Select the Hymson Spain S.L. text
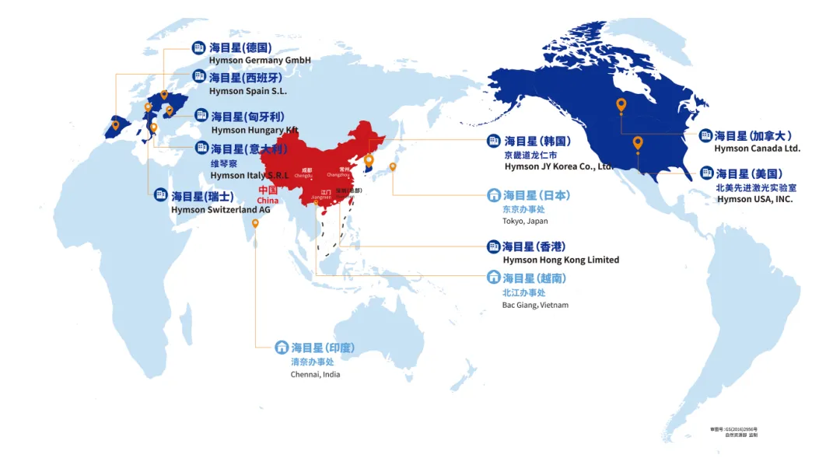pyautogui.click(x=248, y=91)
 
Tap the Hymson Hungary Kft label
pyautogui.click(x=254, y=130)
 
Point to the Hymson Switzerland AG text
pyautogui.click(x=220, y=210)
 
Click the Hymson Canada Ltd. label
pyautogui.click(x=757, y=149)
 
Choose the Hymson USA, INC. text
pyautogui.click(x=754, y=199)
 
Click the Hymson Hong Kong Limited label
pyautogui.click(x=561, y=260)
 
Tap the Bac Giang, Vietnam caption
pyautogui.click(x=535, y=305)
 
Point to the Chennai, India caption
pyautogui.click(x=315, y=374)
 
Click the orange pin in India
pyautogui.click(x=255, y=223)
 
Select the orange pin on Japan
pyautogui.click(x=393, y=166)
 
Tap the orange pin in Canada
pyautogui.click(x=621, y=104)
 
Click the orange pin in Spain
pyautogui.click(x=116, y=124)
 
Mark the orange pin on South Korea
pyautogui.click(x=369, y=160)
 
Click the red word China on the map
pyautogui.click(x=268, y=201)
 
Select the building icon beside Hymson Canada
pyautogui.click(x=705, y=136)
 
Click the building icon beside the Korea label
pyautogui.click(x=493, y=141)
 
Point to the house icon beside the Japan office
pyautogui.click(x=493, y=195)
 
